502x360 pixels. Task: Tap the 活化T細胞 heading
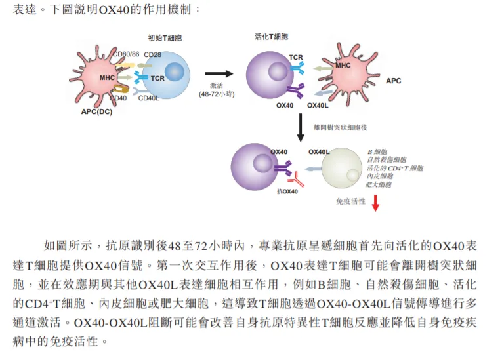271,37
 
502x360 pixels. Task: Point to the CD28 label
153,54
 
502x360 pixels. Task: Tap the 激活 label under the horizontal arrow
217,85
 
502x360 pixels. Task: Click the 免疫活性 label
350,201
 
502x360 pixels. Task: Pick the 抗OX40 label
287,191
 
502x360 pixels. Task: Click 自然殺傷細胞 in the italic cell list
387,160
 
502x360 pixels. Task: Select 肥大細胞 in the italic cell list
380,184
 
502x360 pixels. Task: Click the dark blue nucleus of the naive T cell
174,71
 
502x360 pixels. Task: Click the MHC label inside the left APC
108,78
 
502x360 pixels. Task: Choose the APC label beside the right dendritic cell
393,81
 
